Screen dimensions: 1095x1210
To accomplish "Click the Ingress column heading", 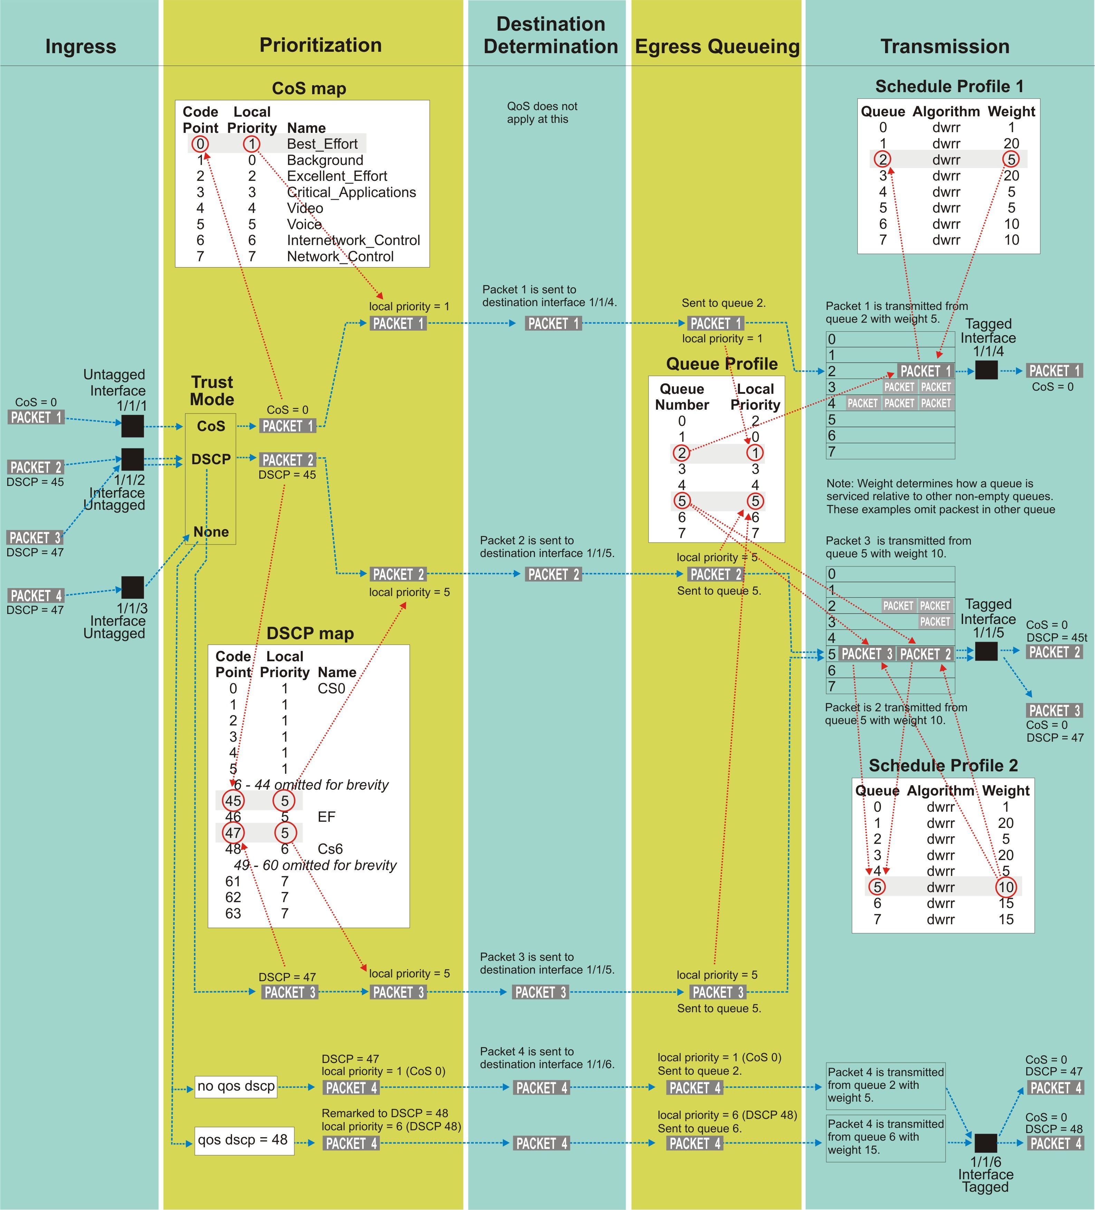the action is tap(80, 46).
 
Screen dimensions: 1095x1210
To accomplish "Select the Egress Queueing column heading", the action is tap(717, 46).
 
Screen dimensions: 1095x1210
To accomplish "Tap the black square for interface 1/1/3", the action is tap(133, 587).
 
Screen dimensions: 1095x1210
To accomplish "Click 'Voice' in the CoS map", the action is tap(305, 224).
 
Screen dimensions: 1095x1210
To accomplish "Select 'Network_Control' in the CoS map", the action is tap(340, 256).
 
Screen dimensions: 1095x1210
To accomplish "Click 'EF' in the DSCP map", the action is tap(327, 816).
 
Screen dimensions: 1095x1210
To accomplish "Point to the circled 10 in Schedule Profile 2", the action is tap(1006, 887).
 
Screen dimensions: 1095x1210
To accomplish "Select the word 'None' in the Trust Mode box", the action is tap(211, 532).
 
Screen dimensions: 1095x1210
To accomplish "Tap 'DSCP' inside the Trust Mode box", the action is tap(211, 459).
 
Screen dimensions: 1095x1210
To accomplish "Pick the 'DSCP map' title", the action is tap(310, 633).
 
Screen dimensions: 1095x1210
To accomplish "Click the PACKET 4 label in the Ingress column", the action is tap(36, 595).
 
